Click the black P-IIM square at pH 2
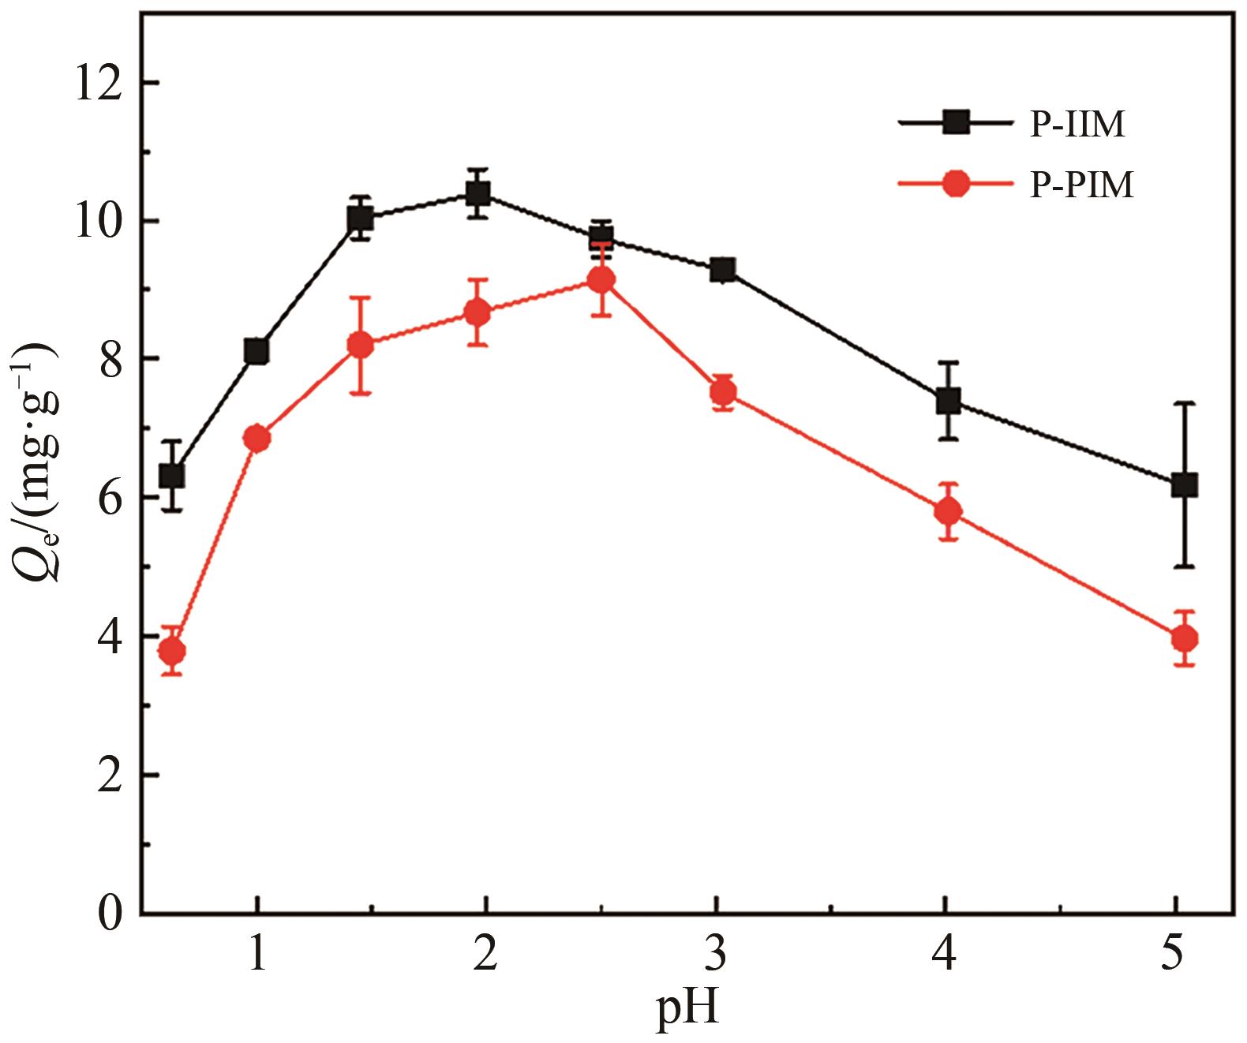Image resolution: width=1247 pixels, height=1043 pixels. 477,193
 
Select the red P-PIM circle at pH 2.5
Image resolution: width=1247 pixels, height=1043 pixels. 601,279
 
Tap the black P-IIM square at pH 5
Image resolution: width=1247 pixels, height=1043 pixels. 1184,484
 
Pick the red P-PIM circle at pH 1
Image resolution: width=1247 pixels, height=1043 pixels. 257,438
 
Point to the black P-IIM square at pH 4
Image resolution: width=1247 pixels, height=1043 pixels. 948,401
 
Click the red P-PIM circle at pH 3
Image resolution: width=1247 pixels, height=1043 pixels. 722,391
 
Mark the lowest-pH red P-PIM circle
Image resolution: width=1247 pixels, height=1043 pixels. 172,652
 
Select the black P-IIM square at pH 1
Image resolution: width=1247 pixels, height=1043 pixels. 257,351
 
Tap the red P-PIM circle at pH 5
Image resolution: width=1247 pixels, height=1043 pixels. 1184,638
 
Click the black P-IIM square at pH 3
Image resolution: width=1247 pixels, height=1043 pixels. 722,270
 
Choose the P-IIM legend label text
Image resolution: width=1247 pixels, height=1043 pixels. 1076,125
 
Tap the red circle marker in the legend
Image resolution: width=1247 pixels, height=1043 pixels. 955,185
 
